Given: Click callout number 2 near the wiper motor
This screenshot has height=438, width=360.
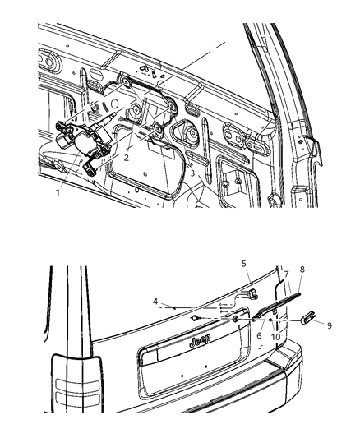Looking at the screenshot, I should coord(127,157).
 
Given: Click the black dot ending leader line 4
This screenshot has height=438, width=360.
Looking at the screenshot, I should coord(173,306).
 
